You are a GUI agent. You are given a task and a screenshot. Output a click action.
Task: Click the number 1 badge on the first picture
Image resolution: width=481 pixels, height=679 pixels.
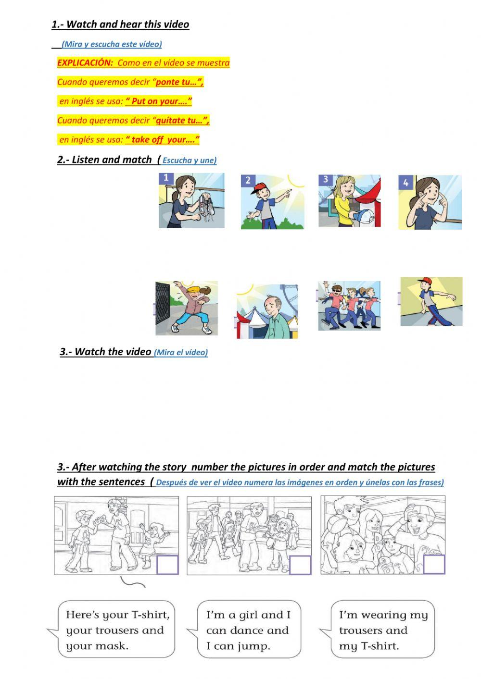[166, 178]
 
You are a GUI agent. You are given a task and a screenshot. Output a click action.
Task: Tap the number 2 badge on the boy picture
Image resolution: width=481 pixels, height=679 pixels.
[248, 180]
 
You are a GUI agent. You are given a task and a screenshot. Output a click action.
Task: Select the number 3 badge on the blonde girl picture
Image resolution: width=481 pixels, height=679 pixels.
[326, 179]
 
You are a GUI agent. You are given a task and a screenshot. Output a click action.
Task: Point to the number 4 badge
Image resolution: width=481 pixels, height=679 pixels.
[405, 182]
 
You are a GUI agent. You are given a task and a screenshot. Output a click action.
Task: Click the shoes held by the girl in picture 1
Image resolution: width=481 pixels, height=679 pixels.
[205, 204]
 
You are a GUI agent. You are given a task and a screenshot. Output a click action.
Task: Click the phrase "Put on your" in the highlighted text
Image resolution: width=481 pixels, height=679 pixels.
[159, 101]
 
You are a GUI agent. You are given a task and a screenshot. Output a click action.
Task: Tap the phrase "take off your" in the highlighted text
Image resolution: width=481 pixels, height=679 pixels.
[162, 140]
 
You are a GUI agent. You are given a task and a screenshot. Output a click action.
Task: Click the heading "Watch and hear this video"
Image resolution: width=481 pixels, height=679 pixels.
[127, 25]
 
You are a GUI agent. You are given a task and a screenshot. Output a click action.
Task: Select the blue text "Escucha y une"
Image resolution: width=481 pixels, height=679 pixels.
[189, 160]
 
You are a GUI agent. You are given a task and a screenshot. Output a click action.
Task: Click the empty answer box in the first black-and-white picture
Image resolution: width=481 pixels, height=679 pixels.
[167, 565]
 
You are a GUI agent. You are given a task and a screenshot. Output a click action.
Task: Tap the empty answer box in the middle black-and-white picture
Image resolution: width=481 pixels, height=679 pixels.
[300, 565]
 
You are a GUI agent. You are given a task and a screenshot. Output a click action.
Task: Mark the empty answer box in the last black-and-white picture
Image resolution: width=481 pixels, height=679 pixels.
[434, 564]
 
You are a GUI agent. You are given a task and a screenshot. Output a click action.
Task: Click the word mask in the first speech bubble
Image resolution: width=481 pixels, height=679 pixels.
[112, 646]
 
